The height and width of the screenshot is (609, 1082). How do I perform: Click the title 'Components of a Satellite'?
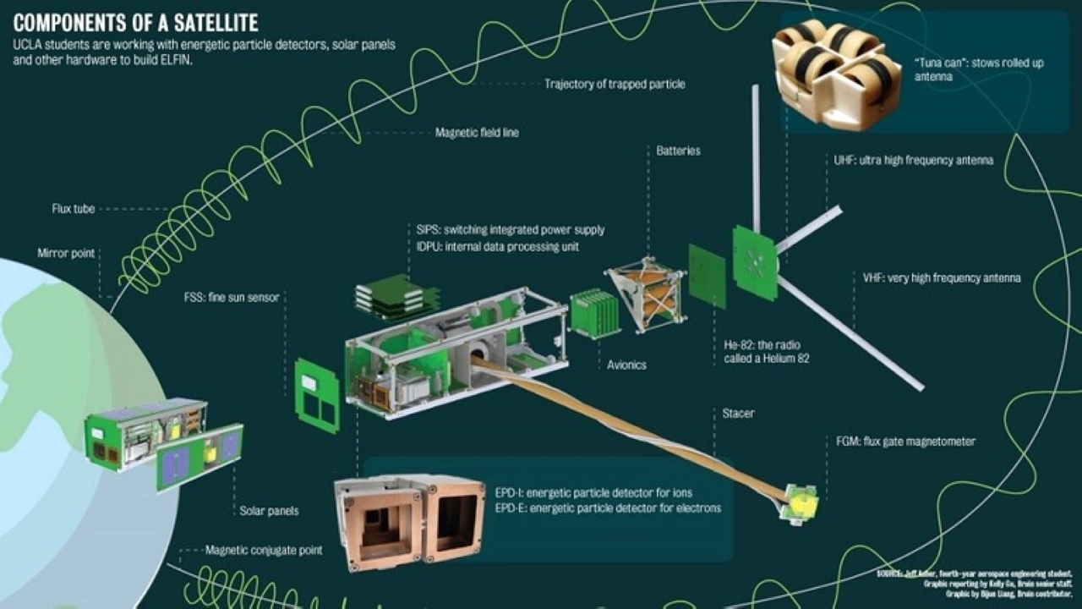136,21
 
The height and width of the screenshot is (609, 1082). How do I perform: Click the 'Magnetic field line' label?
477,133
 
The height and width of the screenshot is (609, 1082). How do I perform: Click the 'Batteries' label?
678,151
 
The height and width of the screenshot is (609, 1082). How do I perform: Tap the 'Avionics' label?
626,365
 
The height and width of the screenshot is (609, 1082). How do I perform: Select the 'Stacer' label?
738,414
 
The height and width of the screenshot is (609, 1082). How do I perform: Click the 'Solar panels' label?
269,511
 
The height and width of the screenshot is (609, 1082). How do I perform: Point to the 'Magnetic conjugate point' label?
264,551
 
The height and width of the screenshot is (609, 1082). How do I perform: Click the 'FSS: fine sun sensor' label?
232,297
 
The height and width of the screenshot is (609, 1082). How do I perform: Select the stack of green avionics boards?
593,313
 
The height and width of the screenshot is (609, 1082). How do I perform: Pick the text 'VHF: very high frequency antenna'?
941,277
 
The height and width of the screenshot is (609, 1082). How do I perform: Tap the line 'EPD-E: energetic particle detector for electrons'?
608,508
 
